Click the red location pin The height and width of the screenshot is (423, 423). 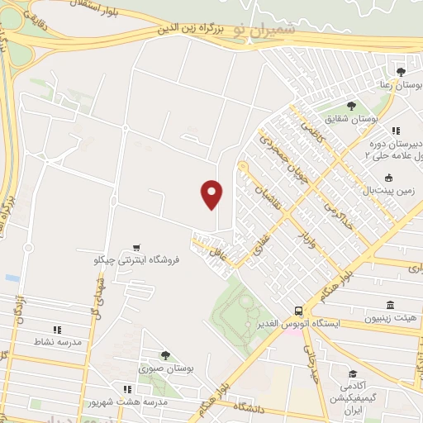click(x=212, y=194)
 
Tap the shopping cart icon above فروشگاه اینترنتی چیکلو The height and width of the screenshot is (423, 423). click(x=135, y=246)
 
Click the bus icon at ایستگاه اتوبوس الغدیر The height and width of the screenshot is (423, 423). click(x=297, y=311)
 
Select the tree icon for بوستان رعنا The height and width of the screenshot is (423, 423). click(x=401, y=73)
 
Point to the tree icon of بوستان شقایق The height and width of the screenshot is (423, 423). click(x=351, y=106)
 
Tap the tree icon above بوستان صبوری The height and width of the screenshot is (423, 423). click(x=164, y=355)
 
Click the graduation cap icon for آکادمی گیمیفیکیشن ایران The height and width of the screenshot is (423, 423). click(x=353, y=373)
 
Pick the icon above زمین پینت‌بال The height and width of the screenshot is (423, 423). click(x=387, y=177)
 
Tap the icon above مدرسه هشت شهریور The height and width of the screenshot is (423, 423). click(x=126, y=388)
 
